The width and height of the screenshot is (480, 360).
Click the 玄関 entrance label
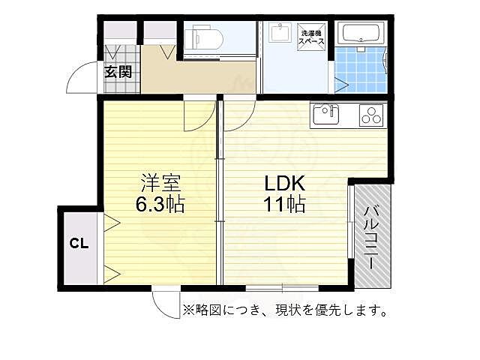coord(118,72)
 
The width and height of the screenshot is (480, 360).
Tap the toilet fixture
coord(202,36)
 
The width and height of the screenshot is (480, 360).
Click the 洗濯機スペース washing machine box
coord(313,37)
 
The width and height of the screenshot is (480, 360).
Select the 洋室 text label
coord(161,182)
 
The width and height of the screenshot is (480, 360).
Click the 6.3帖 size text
coord(161,204)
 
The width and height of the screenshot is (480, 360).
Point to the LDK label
coord(283,182)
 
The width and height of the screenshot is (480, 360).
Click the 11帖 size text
coord(283,204)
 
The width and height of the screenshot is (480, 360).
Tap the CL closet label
coord(79,242)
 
